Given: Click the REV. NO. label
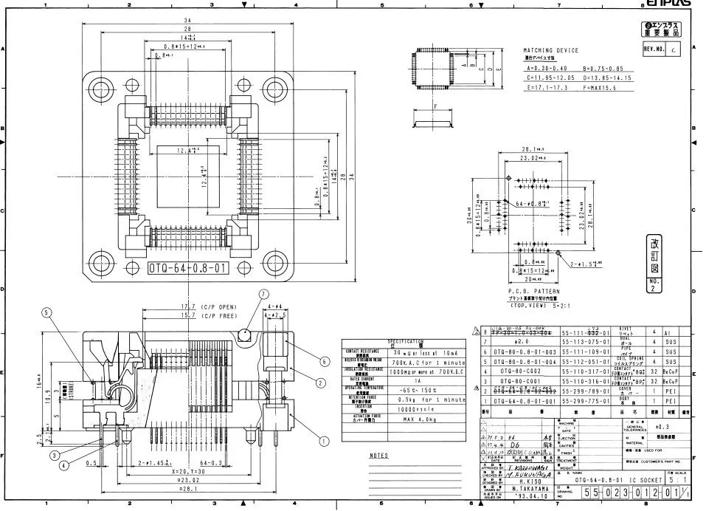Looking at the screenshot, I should point(655,49).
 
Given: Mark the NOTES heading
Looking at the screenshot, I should point(377,456).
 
